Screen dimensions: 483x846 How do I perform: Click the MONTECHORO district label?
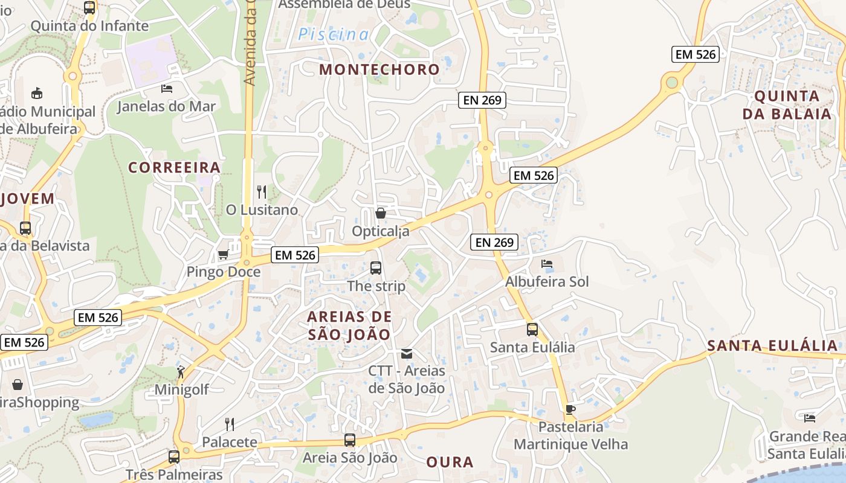[x=379, y=69]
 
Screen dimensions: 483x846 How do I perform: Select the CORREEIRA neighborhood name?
[x=174, y=168]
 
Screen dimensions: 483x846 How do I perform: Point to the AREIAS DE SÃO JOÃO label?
[x=349, y=325]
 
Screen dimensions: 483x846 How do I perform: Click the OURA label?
[x=450, y=462]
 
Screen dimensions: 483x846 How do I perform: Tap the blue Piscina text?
[x=333, y=35]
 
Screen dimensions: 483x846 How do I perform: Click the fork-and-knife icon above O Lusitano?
[x=262, y=192]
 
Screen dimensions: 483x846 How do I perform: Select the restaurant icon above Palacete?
[x=229, y=424]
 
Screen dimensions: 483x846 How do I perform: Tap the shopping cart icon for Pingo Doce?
[x=223, y=255]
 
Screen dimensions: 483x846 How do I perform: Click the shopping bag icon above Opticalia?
[x=380, y=213]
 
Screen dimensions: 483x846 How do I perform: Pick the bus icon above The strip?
[x=375, y=267]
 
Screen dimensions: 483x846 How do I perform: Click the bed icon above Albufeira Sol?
[x=546, y=264]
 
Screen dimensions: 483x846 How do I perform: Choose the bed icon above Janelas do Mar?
[x=166, y=89]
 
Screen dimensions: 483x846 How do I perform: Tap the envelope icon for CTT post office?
[x=407, y=353]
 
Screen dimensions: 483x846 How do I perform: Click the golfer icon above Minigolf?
[x=181, y=372]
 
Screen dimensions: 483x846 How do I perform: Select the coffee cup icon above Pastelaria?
[x=570, y=409]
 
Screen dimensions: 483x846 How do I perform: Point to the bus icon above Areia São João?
[x=350, y=440]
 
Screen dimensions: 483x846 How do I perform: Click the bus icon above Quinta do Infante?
[x=89, y=8]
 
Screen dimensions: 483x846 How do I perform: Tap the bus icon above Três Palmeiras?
[x=174, y=456]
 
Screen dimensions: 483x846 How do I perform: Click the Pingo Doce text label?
[x=223, y=272]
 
